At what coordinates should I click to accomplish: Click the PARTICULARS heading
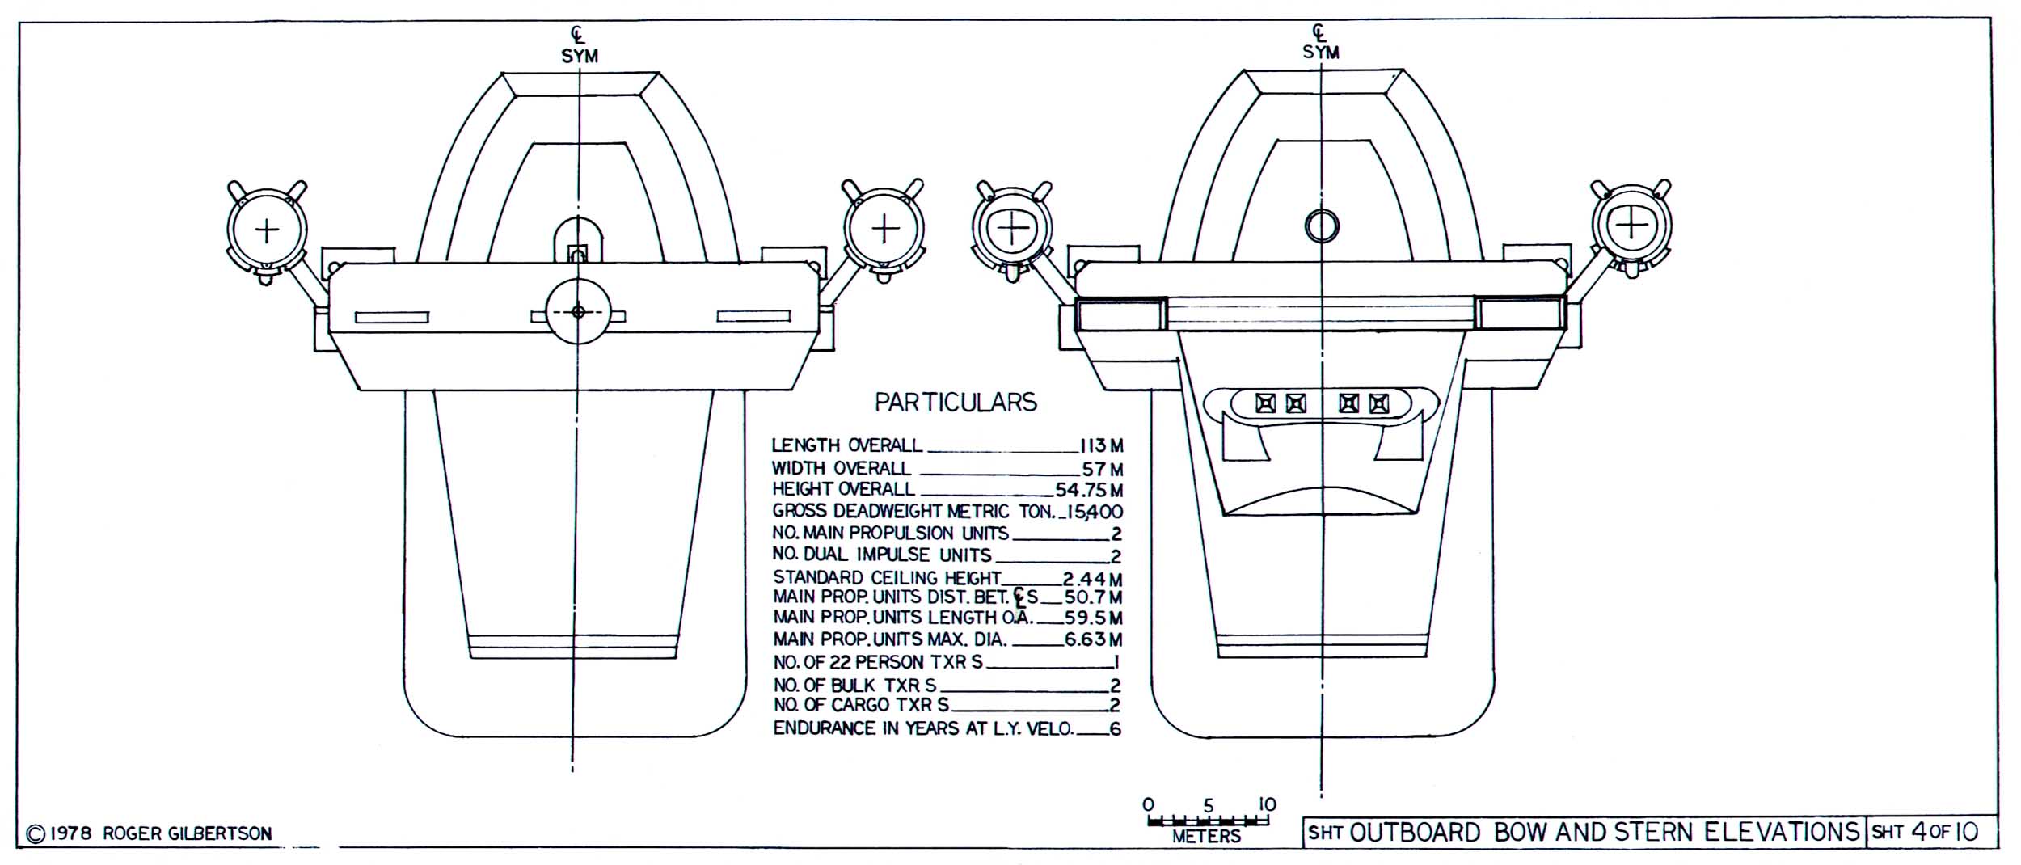pos(956,403)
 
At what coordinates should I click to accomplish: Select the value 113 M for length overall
pos(1101,446)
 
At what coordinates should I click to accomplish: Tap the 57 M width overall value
pos(1103,469)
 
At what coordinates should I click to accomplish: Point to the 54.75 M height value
pos(1089,490)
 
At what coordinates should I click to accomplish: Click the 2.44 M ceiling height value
pos(1092,579)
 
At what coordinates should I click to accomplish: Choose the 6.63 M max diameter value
pos(1093,640)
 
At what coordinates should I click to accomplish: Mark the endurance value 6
pos(1116,728)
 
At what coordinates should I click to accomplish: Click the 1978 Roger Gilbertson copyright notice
pos(149,833)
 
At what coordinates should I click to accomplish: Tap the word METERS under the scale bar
pos(1206,837)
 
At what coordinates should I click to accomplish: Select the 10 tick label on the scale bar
pos(1267,805)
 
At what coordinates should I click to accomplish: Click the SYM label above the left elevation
pos(580,57)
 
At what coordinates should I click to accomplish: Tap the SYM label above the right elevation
pos(1320,53)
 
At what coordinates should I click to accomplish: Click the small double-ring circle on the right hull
pos(1322,226)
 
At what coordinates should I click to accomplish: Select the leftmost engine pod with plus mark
pos(267,231)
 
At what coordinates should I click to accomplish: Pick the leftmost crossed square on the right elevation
pos(1265,403)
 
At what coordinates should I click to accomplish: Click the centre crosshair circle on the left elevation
pos(577,312)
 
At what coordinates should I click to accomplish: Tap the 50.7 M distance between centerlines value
pos(1093,598)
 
